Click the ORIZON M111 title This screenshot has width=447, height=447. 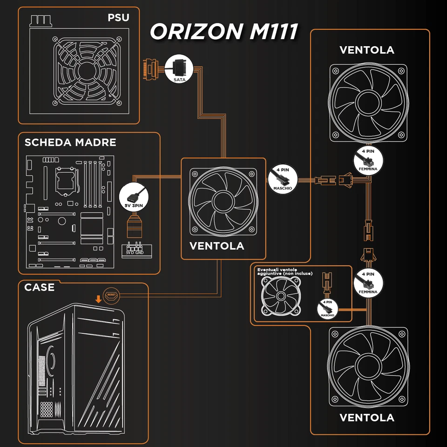pos(223,32)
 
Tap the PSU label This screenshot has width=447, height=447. pos(118,18)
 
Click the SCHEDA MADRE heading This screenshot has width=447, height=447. pos(70,142)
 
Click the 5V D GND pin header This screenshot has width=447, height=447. pos(135,250)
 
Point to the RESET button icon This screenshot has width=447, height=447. pos(111,295)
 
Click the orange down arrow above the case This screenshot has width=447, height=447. pos(98,298)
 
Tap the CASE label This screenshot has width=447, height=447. pos(40,287)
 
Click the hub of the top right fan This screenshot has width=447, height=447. pos(366,102)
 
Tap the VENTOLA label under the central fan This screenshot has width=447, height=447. pos(217,245)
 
